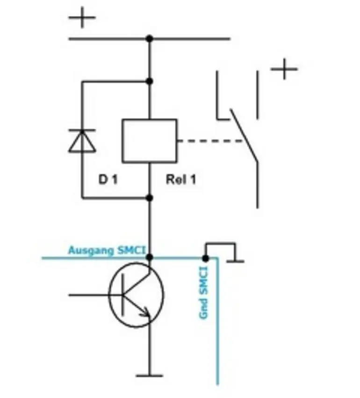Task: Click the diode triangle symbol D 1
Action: [82, 142]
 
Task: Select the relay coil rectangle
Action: [149, 141]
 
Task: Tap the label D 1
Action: [108, 180]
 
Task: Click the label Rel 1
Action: [181, 180]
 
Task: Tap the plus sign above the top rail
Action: [82, 19]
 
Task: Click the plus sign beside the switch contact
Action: [284, 69]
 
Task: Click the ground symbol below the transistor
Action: [150, 375]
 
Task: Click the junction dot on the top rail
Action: [149, 38]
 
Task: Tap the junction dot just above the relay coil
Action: [149, 81]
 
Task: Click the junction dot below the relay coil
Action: [149, 198]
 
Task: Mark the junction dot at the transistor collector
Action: [150, 257]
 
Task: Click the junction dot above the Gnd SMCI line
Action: [205, 258]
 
